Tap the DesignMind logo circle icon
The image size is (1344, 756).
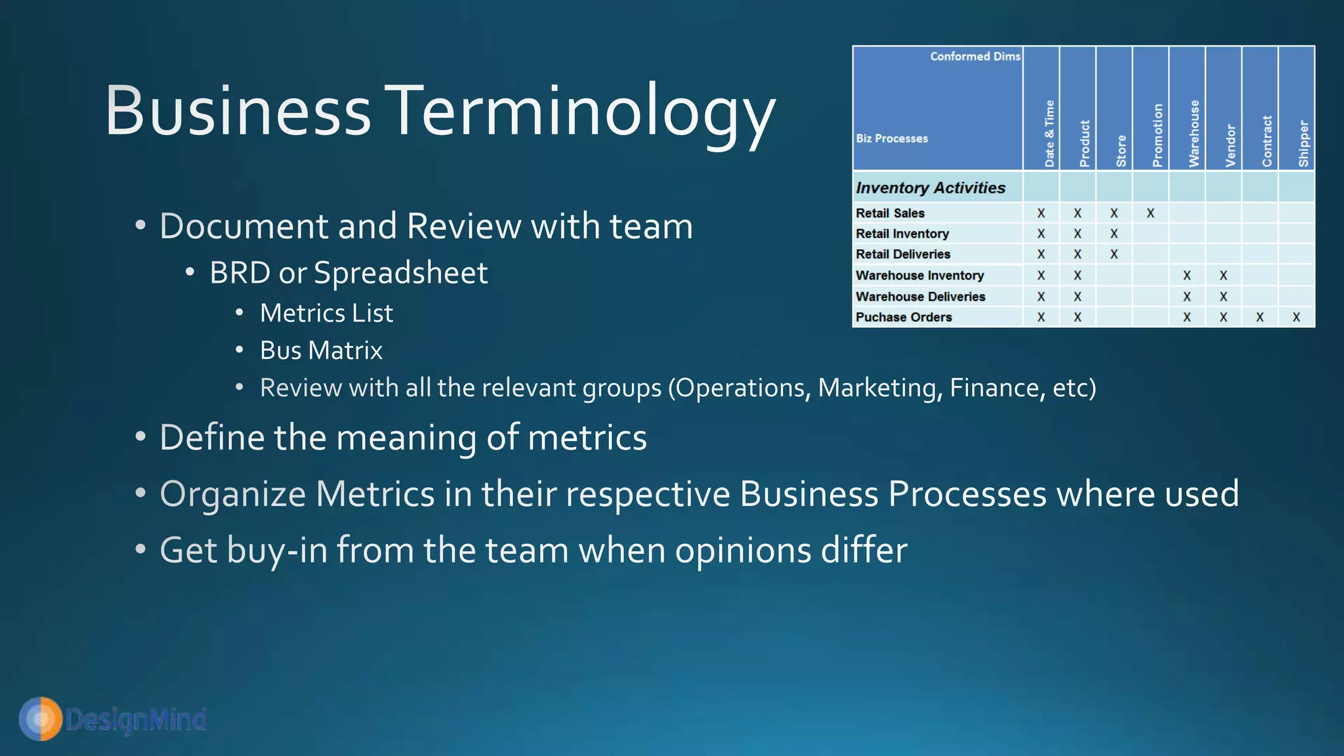pos(41,719)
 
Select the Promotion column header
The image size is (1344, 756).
pos(1157,135)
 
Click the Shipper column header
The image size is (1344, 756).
pos(1303,143)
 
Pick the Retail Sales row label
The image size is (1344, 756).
pos(890,213)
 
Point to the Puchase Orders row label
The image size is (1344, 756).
pos(904,318)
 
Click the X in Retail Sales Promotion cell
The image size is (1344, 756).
pos(1150,213)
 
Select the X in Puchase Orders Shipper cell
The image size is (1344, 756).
pos(1296,318)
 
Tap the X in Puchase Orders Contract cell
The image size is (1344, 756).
pos(1259,318)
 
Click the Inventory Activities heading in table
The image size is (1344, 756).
pos(931,188)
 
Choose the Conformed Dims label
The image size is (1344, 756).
pos(975,56)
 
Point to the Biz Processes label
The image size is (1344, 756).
pos(892,138)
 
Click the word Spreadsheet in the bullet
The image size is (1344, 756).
pos(400,273)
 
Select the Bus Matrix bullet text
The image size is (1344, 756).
pos(321,350)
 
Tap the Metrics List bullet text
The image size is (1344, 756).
pos(326,313)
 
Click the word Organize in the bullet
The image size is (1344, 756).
pos(232,494)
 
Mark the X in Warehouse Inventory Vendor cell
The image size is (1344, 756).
pos(1223,276)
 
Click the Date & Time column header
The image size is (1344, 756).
pos(1049,134)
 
